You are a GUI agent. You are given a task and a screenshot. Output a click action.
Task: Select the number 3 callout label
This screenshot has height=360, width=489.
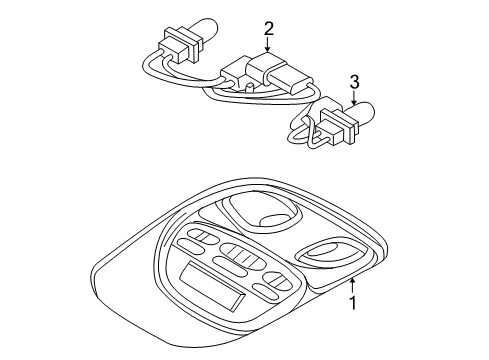point(353,82)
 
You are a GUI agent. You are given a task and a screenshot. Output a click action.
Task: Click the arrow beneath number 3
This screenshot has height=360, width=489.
point(353,99)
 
